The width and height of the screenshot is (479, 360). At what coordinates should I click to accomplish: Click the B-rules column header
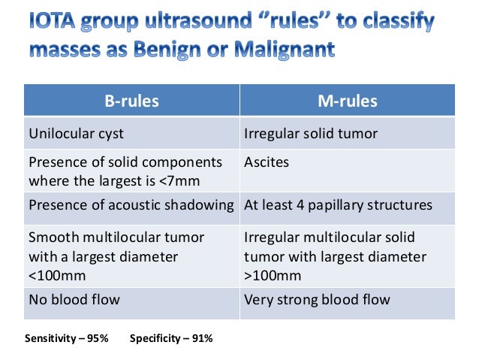click(131, 101)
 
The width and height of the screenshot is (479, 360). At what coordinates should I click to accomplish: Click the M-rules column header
click(347, 101)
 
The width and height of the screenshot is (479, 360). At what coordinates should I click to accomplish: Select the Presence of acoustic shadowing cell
click(131, 205)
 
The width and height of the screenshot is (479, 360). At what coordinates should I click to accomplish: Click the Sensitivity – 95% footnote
click(66, 338)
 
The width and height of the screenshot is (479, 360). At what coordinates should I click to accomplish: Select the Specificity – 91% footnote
click(171, 338)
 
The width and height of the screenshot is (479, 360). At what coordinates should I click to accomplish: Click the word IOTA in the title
click(58, 24)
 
